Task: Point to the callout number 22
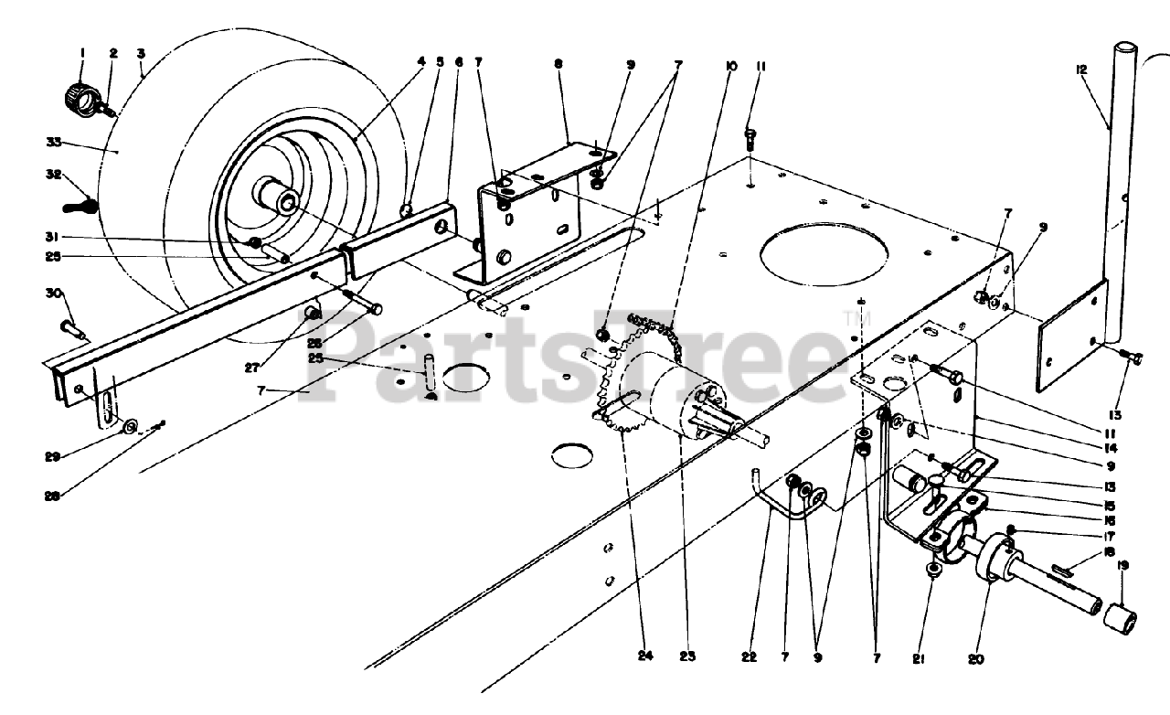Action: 751,655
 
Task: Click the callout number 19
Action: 1122,565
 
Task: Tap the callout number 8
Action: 558,64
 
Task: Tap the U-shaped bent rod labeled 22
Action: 777,503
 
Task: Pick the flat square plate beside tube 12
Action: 1072,335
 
